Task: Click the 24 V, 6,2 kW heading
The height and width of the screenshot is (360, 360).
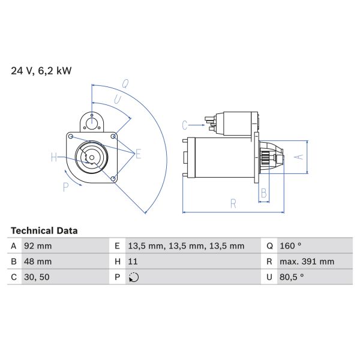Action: coord(41,71)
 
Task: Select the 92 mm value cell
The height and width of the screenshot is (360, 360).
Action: coord(38,246)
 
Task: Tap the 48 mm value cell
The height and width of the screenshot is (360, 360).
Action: coord(38,262)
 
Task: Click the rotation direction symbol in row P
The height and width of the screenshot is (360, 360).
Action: coord(133,277)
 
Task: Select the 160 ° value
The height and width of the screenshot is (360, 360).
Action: coord(290,246)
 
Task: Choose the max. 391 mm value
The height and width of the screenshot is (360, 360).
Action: coord(307,262)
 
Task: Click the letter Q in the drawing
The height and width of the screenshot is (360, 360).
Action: coord(125,83)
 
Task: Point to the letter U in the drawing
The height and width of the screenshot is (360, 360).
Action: coord(118,98)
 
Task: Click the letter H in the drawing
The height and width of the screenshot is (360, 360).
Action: coord(53,158)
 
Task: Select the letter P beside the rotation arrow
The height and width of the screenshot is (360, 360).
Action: coord(65,187)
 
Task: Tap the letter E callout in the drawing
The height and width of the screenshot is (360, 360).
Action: coord(138,154)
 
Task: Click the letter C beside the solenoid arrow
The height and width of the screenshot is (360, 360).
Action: coord(185,125)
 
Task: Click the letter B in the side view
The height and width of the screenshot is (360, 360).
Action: coord(263,193)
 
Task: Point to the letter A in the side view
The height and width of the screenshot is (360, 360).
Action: coord(298,157)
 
